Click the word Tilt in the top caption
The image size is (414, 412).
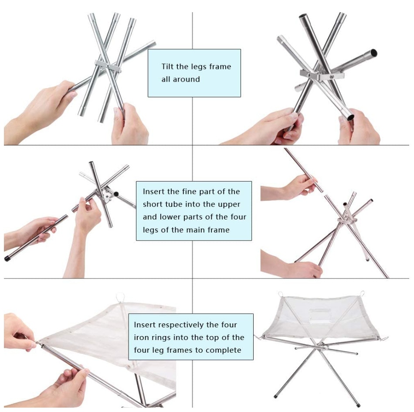(167, 66)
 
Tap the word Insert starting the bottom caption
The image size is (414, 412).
(145, 325)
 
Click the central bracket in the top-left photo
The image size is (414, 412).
(108, 66)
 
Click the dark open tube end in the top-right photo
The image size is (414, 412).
(373, 53)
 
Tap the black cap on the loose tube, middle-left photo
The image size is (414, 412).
(7, 258)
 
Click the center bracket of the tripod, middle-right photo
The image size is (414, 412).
(347, 220)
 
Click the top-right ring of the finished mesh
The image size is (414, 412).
(362, 294)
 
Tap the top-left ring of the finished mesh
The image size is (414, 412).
(280, 294)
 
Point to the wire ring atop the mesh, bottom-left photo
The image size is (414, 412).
(119, 297)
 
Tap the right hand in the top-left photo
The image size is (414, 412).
(129, 125)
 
